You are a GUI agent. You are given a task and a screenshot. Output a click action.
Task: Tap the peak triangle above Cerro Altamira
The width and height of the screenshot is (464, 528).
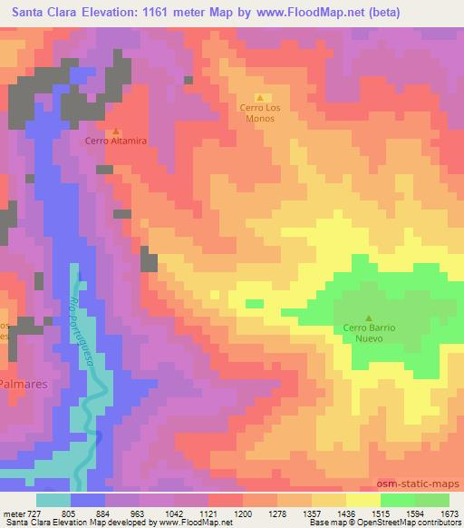[115, 129]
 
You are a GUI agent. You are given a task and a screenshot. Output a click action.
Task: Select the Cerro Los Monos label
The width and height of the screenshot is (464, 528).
[260, 112]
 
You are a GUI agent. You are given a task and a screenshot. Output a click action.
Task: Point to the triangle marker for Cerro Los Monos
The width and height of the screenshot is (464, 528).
[260, 98]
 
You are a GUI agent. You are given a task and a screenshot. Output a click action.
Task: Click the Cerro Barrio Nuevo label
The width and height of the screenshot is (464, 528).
[370, 333]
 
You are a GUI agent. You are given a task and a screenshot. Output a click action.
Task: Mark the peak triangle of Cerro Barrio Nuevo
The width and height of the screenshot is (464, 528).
[368, 317]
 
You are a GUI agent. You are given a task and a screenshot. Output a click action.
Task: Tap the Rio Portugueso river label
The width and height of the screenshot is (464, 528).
[82, 331]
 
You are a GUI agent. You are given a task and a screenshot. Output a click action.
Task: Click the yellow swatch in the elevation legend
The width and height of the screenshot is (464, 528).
[363, 500]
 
